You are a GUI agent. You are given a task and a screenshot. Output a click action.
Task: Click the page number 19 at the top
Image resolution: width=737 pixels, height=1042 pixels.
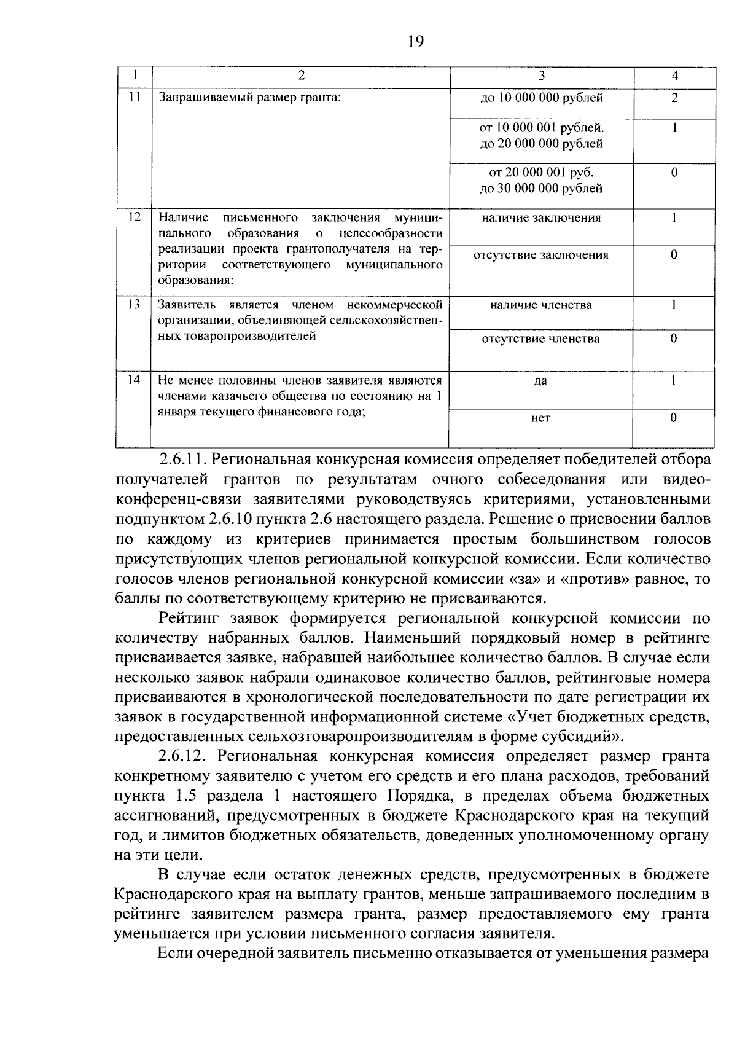point(416,42)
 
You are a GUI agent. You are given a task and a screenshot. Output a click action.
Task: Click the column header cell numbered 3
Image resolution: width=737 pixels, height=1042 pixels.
point(541,76)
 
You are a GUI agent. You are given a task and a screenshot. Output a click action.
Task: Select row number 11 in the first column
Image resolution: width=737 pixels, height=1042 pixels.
point(135,96)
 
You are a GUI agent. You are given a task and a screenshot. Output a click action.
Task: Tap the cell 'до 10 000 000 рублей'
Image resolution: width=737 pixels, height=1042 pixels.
point(541,98)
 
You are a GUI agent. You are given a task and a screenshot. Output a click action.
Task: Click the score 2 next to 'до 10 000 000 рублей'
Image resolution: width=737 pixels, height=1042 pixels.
point(674,98)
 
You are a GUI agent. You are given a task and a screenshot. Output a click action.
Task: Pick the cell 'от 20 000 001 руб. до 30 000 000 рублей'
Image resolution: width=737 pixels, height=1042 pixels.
point(541,181)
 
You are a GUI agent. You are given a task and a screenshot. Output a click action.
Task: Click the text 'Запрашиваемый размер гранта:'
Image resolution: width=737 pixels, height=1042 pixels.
point(249,98)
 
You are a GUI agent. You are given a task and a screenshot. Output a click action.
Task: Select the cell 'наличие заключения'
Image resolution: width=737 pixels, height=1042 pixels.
point(541,218)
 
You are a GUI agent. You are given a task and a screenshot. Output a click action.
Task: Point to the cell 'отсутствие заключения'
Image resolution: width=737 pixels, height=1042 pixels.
point(541,255)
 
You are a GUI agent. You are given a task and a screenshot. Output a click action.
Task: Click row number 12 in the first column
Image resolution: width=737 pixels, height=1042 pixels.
point(135,217)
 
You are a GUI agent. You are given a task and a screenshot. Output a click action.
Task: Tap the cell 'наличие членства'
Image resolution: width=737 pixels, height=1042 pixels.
point(541,305)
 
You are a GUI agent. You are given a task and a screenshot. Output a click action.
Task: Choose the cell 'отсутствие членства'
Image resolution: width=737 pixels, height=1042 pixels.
point(541,339)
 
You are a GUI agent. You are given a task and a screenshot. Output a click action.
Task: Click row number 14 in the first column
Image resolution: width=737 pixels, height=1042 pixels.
point(135,380)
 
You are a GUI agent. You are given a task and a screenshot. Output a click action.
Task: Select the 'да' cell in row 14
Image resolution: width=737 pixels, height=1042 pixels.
point(540,382)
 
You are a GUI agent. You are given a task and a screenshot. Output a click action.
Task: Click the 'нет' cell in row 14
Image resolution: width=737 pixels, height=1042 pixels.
point(540,418)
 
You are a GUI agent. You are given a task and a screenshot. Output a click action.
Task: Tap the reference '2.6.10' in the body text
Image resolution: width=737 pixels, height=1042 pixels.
point(228,519)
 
